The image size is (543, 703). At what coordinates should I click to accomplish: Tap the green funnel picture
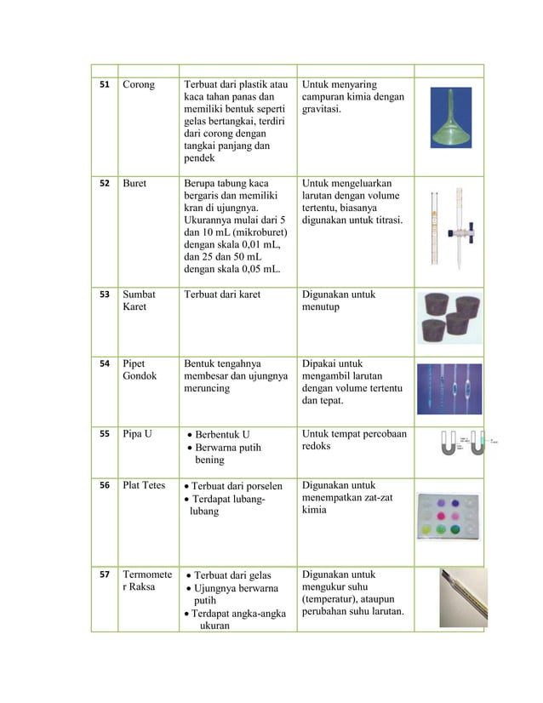click(x=450, y=123)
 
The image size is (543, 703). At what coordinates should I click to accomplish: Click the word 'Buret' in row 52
click(x=136, y=183)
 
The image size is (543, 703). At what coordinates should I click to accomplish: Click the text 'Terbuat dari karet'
click(x=222, y=295)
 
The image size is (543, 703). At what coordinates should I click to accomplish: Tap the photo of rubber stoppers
click(x=450, y=317)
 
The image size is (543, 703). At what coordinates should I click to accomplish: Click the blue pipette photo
click(x=450, y=388)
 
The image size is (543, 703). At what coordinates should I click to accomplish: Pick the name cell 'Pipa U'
click(x=138, y=435)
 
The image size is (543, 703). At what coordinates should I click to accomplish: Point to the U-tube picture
click(x=460, y=443)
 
